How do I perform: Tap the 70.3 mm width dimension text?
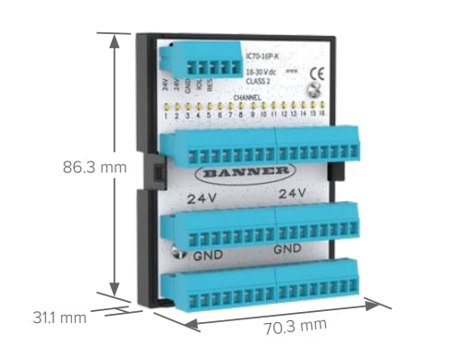[x=296, y=326]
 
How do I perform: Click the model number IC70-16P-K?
[x=262, y=57]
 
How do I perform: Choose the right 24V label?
[x=291, y=194]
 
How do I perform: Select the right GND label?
[x=288, y=250]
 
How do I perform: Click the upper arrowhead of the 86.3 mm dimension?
[x=114, y=40]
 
